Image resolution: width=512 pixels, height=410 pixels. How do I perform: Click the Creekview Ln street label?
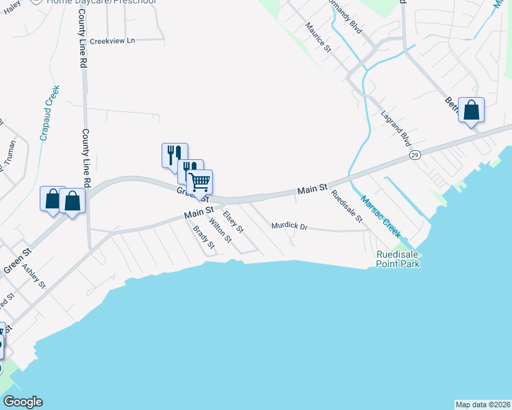point(113,41)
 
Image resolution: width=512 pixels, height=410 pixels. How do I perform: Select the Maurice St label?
point(318,38)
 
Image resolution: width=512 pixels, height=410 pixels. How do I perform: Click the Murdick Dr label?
point(290,225)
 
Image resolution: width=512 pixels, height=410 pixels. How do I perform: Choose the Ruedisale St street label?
point(346,206)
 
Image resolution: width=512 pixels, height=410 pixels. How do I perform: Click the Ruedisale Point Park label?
point(398,259)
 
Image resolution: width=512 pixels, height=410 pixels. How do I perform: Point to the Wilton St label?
point(220,230)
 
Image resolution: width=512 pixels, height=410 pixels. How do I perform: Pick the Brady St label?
point(204,236)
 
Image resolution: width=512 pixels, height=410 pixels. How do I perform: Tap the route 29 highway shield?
point(415,156)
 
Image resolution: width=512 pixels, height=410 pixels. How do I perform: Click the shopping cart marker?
point(200,182)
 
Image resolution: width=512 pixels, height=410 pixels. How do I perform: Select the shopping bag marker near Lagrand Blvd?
point(471,109)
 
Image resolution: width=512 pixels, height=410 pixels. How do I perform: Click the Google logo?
point(23,402)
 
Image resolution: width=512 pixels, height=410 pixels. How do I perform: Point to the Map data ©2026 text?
point(483,404)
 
